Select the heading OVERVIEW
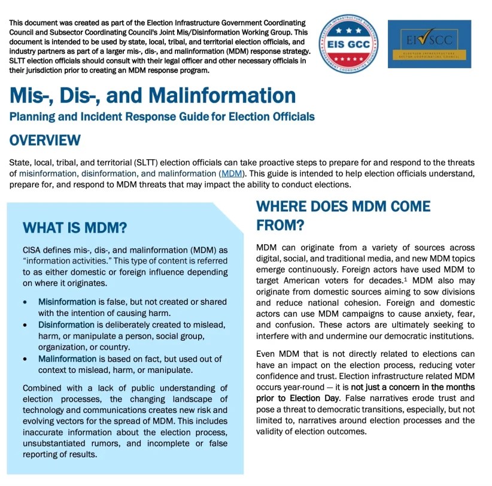click(x=45, y=140)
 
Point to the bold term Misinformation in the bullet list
click(x=67, y=302)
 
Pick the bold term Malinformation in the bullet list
click(x=67, y=359)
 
